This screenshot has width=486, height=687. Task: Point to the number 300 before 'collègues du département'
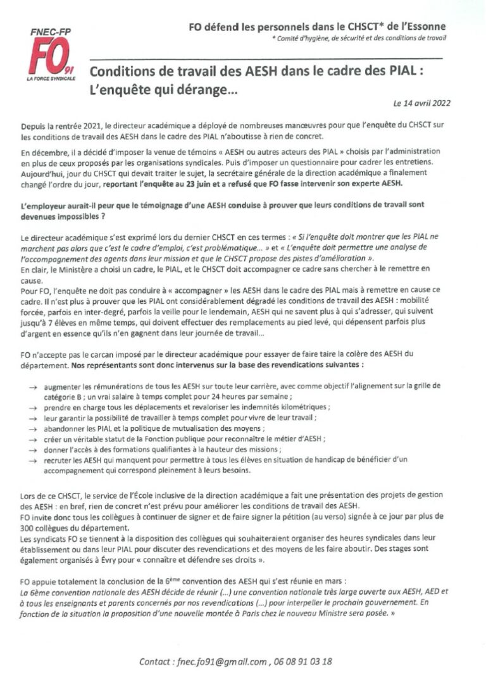tap(27, 529)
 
